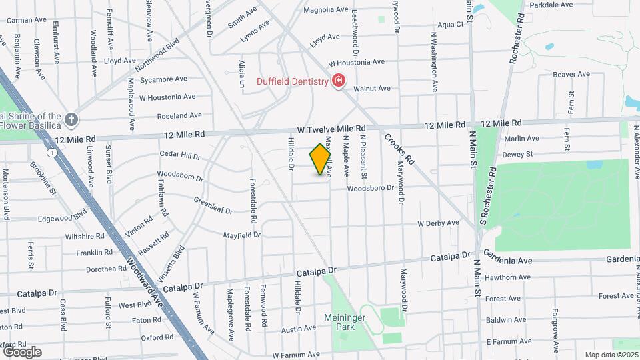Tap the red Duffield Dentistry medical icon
[x=339, y=81]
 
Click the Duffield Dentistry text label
[x=293, y=82]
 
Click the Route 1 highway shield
[x=51, y=153]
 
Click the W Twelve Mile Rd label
[x=331, y=128]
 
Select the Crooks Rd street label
[x=399, y=150]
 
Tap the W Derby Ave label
[x=438, y=223]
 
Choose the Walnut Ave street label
[x=371, y=88]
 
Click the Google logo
[x=21, y=351]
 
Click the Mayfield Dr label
[x=241, y=235]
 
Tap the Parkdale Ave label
[x=551, y=5]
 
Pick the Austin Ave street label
[x=298, y=329]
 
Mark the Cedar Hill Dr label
[x=180, y=155]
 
